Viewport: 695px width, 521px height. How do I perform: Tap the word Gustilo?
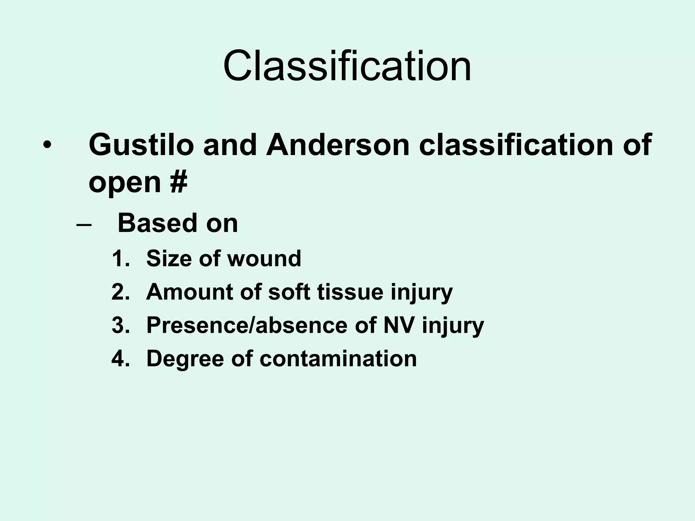click(x=141, y=145)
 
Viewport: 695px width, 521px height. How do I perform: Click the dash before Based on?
click(x=84, y=225)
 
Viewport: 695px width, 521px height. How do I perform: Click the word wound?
click(x=264, y=259)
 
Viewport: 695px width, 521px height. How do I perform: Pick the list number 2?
click(x=120, y=292)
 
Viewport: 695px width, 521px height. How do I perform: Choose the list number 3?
click(x=120, y=325)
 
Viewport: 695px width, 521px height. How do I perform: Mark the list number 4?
click(x=120, y=359)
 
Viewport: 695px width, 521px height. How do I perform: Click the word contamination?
click(x=338, y=359)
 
